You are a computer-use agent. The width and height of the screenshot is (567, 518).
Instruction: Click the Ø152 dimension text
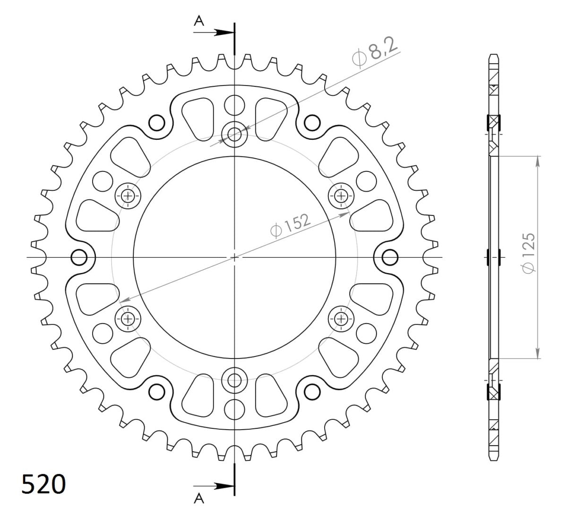(290, 224)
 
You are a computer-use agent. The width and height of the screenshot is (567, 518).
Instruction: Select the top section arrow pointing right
(218, 33)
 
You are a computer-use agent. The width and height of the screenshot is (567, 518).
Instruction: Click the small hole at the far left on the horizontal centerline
(79, 257)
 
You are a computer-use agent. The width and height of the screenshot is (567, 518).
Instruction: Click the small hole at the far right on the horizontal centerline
(390, 257)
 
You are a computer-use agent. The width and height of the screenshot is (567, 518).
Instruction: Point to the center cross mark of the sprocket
(234, 257)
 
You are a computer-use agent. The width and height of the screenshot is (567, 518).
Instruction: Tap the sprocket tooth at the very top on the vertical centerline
(234, 59)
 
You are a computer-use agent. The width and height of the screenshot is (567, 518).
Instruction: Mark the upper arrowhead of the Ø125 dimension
(538, 161)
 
